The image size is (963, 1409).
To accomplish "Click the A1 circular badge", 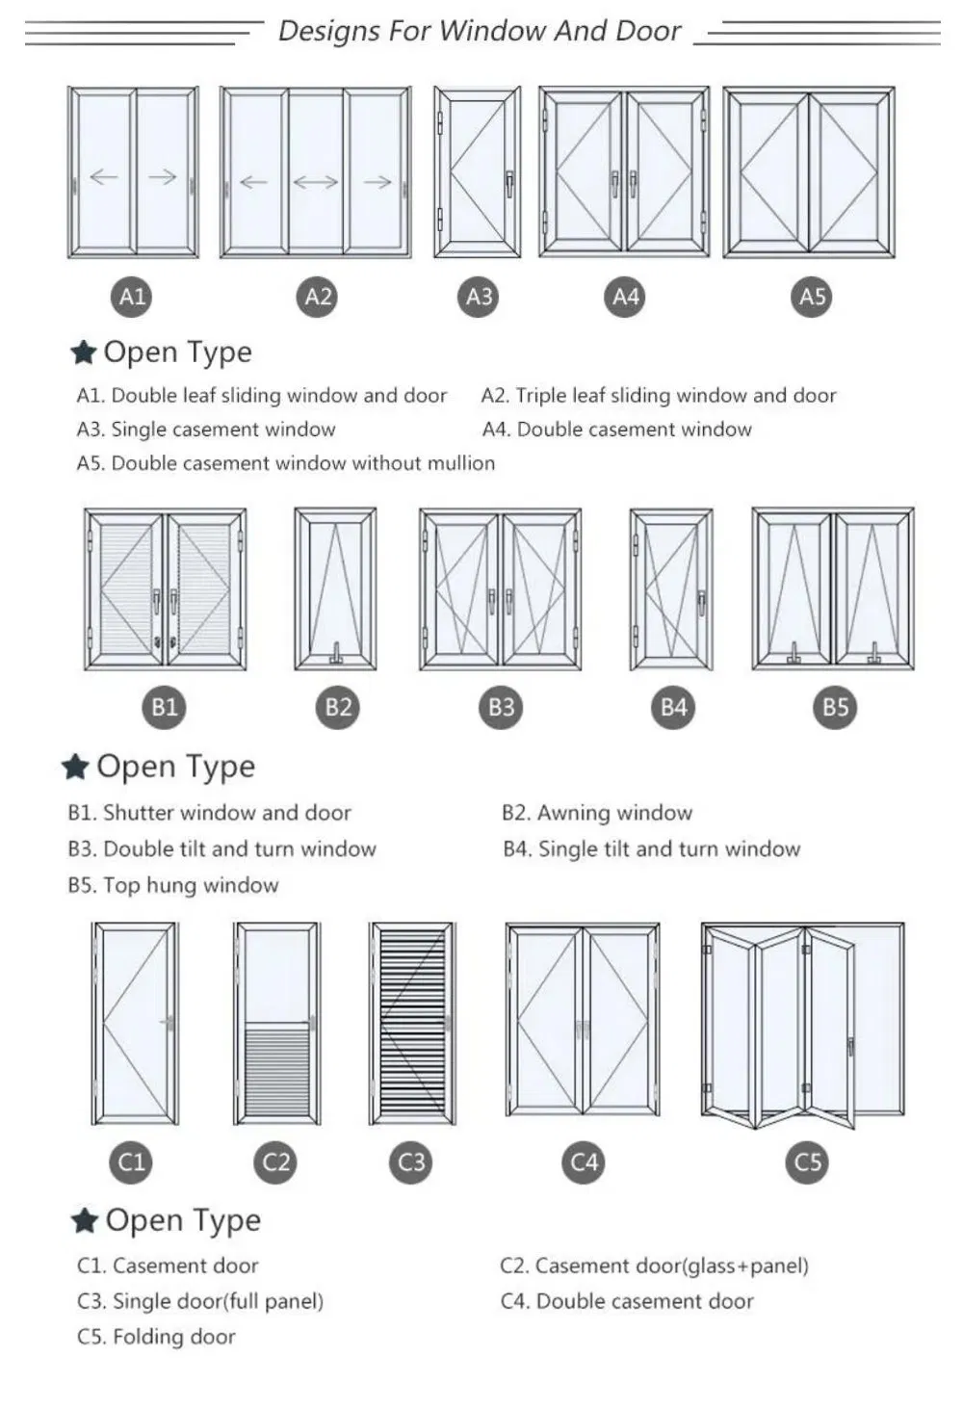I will click(132, 297).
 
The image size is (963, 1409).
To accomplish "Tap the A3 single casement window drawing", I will click(477, 173).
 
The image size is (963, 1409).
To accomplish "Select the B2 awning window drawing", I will click(335, 589).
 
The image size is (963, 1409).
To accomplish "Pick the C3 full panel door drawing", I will click(411, 1024).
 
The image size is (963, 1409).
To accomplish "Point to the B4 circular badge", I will click(673, 708).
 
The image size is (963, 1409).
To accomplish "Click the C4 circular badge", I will click(584, 1162).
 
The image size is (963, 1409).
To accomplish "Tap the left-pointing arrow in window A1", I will click(103, 176).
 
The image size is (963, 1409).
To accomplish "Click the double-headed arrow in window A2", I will click(315, 181).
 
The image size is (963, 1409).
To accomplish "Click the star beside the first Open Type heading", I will click(84, 352).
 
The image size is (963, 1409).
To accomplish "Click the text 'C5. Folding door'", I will click(156, 1337).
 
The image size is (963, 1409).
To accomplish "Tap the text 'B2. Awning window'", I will click(596, 813).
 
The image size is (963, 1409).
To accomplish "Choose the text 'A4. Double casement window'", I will click(616, 430).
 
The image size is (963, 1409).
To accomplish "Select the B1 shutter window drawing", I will click(165, 589).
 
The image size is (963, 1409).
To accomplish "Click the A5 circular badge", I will click(813, 297).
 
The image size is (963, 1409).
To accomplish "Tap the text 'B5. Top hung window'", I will click(173, 885).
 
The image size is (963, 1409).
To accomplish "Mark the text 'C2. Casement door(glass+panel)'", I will click(654, 1265).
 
